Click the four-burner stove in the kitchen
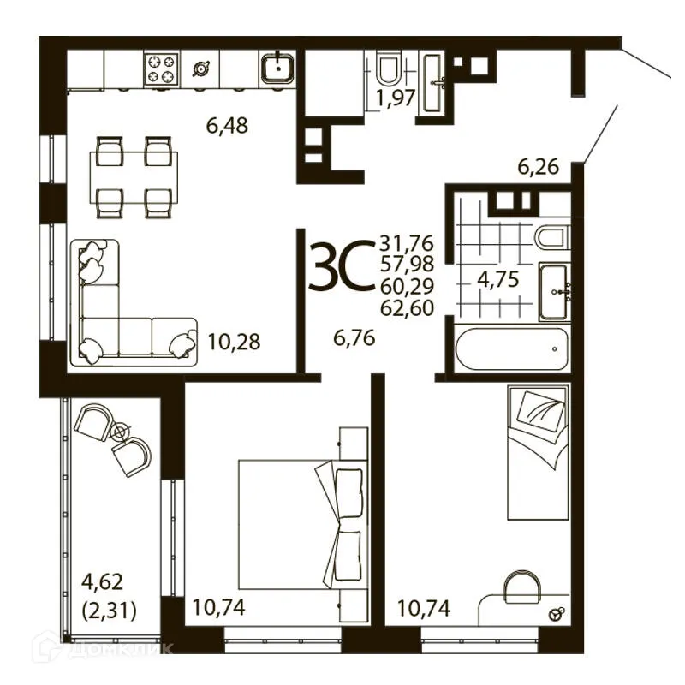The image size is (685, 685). coord(162,68)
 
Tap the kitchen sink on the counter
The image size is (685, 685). coord(277,68)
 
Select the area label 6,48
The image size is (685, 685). coord(227,126)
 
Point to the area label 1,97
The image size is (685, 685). coord(396,98)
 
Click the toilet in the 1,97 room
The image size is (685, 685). coord(390,69)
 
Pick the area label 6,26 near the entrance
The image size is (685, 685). coord(539,167)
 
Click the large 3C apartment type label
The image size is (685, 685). coord(342,265)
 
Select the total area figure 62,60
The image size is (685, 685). coord(408,308)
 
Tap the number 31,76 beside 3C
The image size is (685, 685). coord(406,242)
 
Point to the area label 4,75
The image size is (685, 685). coord(498,280)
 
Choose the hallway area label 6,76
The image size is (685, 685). coord(354,338)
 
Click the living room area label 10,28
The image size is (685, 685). coord(234,342)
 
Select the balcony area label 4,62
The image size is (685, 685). coord(103,582)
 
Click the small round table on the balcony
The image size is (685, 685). coord(119,432)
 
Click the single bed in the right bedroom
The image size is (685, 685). coord(539,452)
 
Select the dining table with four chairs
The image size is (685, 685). coord(134,177)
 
